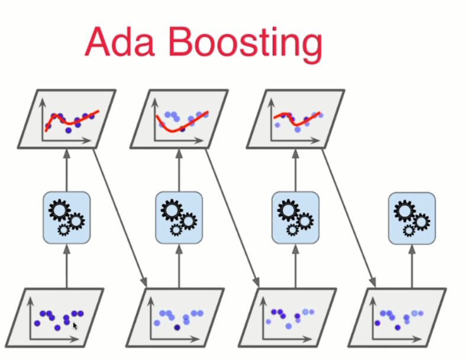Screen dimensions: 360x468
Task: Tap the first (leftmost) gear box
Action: pos(66,217)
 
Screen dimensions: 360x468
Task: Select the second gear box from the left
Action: pos(179,217)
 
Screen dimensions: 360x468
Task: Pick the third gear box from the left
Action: pos(295,217)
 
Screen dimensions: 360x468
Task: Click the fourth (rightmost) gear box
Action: pos(412,217)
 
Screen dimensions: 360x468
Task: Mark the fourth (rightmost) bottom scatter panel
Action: pos(402,317)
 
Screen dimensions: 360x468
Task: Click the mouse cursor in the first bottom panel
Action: pos(75,325)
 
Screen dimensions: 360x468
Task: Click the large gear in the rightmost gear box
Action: pos(405,210)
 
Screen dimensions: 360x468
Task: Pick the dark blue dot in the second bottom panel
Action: pos(177,327)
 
